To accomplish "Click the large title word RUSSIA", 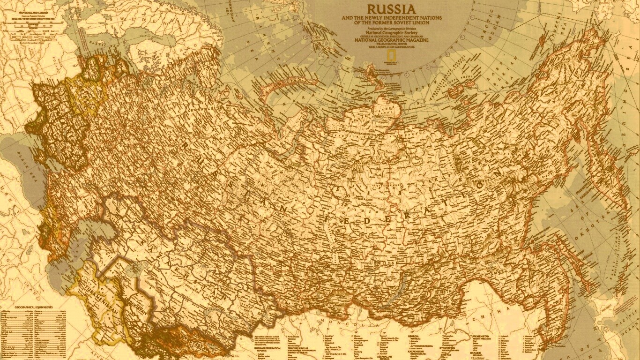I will click(x=391, y=9).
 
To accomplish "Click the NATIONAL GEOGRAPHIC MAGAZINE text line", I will click(x=392, y=40).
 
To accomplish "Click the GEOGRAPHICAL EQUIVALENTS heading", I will click(x=33, y=307).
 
